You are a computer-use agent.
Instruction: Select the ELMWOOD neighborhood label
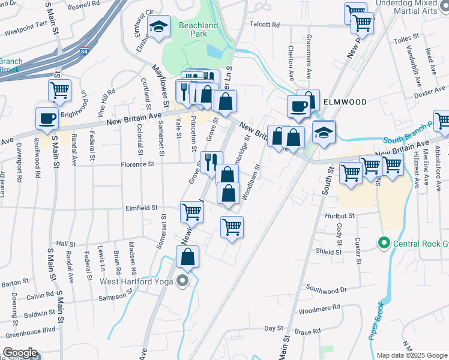coord(345,102)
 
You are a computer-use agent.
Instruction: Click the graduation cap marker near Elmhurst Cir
coord(158,28)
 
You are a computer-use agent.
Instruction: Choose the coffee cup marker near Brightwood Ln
coord(47,118)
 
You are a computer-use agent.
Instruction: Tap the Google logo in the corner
coord(20,353)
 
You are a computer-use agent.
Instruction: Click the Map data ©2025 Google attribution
coord(412,355)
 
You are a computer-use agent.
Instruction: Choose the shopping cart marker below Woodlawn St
coord(232,227)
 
